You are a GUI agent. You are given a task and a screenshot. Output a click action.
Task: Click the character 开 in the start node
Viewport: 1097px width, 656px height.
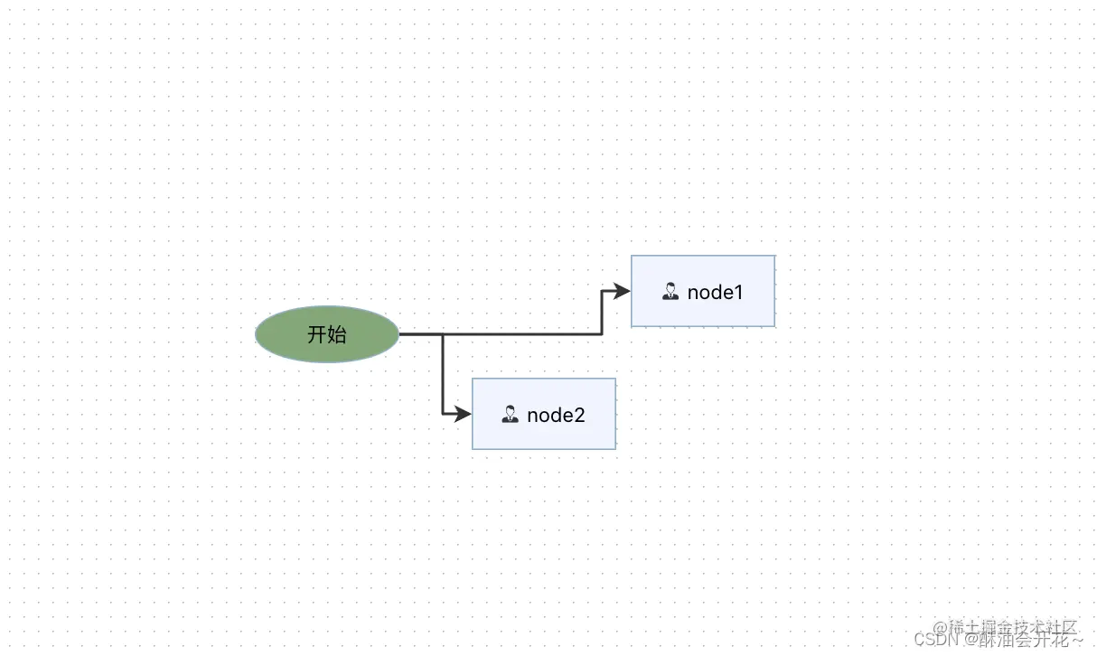click(316, 334)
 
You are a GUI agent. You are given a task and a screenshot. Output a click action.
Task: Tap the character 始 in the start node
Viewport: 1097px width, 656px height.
click(336, 334)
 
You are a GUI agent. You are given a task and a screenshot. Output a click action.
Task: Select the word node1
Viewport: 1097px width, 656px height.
click(715, 292)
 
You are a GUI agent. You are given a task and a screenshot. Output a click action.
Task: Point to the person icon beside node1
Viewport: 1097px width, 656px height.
click(670, 291)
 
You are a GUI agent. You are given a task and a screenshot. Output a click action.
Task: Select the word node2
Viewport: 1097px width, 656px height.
click(556, 415)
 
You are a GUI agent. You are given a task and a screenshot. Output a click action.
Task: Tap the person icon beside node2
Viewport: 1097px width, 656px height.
click(511, 414)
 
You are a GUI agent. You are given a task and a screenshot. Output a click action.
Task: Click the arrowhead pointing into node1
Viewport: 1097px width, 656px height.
click(622, 291)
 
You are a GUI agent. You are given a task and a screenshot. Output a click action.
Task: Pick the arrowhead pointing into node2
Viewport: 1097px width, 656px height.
click(463, 414)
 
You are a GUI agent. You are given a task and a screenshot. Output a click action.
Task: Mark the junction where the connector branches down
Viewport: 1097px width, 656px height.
click(443, 334)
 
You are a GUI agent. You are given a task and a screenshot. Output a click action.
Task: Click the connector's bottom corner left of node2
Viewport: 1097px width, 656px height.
click(443, 414)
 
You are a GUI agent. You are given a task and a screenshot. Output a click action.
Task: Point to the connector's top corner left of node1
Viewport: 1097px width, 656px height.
click(603, 291)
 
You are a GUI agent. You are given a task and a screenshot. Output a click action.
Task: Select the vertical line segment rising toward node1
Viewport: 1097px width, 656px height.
click(603, 313)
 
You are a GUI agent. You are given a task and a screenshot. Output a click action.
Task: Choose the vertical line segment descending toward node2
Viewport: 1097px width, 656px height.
click(443, 375)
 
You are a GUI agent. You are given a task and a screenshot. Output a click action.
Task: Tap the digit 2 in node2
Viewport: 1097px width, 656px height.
click(579, 415)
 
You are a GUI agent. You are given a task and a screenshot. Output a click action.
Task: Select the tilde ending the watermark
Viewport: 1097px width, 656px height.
click(1076, 639)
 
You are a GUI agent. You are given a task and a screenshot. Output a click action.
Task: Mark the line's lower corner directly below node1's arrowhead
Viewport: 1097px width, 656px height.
click(603, 334)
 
